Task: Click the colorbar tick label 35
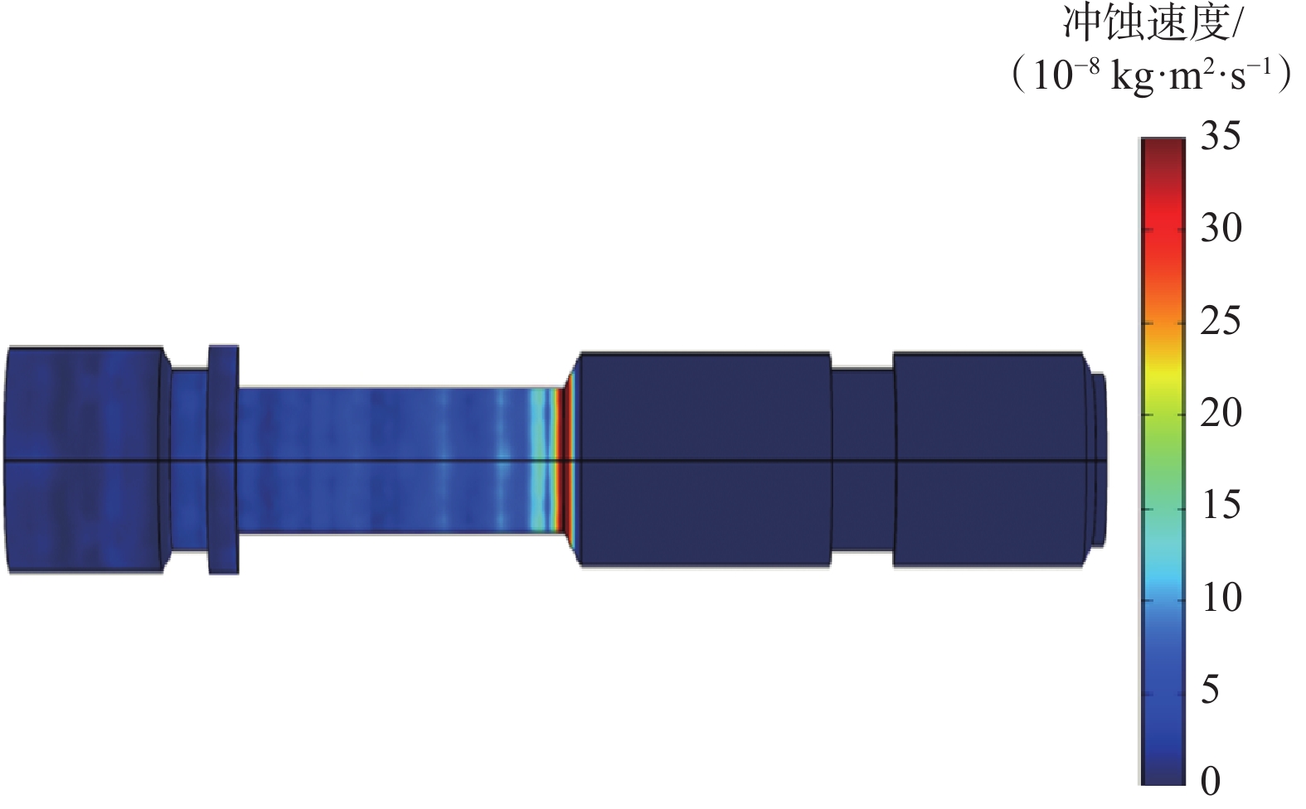coord(1221,138)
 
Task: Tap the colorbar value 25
coord(1221,321)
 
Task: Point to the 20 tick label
coord(1221,413)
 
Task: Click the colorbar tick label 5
coord(1211,690)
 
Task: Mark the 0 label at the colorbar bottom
coord(1211,781)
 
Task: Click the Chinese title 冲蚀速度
coord(1144,25)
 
